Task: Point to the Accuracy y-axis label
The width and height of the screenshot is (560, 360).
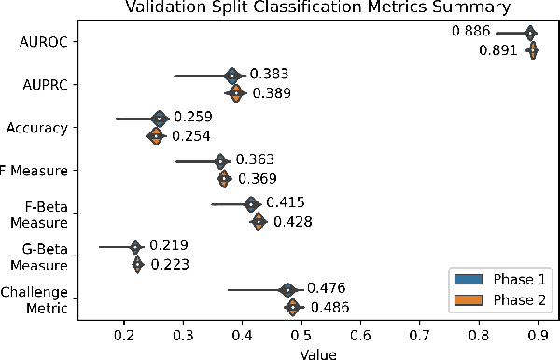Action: click(40, 127)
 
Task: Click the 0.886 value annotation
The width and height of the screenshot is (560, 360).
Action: click(471, 32)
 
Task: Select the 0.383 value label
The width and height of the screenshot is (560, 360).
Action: click(270, 74)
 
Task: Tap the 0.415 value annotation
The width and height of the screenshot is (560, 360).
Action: click(286, 201)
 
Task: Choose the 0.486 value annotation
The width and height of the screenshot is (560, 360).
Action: click(330, 307)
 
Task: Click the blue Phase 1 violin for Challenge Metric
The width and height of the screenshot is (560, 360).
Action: click(288, 289)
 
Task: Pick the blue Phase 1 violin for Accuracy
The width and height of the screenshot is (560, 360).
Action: click(159, 118)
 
